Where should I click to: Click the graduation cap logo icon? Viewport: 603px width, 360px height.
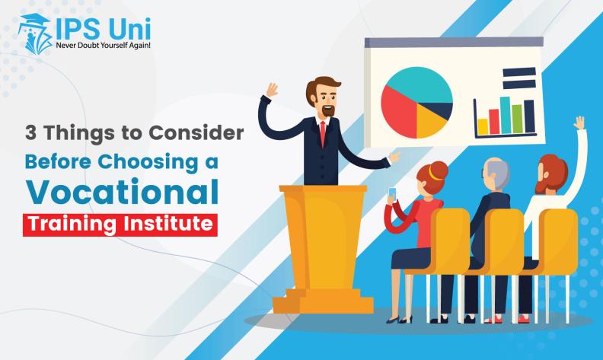35,33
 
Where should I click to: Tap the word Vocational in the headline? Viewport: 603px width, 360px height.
122,192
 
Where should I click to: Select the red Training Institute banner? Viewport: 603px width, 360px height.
120,225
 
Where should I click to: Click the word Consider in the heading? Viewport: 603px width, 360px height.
196,133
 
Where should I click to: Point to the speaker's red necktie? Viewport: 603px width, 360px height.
323,133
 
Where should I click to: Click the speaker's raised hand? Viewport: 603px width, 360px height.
273,91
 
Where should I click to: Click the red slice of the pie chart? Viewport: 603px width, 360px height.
399,113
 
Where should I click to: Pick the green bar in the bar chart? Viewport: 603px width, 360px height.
517,119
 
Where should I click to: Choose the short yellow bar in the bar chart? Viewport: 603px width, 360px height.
483,126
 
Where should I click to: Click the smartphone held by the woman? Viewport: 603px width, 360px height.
392,194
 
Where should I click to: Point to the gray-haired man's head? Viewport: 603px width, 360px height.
496,174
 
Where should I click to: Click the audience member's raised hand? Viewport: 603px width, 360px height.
579,123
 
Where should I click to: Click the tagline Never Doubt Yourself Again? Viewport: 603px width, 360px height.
103,46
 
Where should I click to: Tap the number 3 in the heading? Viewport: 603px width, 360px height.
30,133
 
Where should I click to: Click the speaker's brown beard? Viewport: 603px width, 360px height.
328,110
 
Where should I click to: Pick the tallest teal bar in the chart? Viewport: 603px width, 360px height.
506,115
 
